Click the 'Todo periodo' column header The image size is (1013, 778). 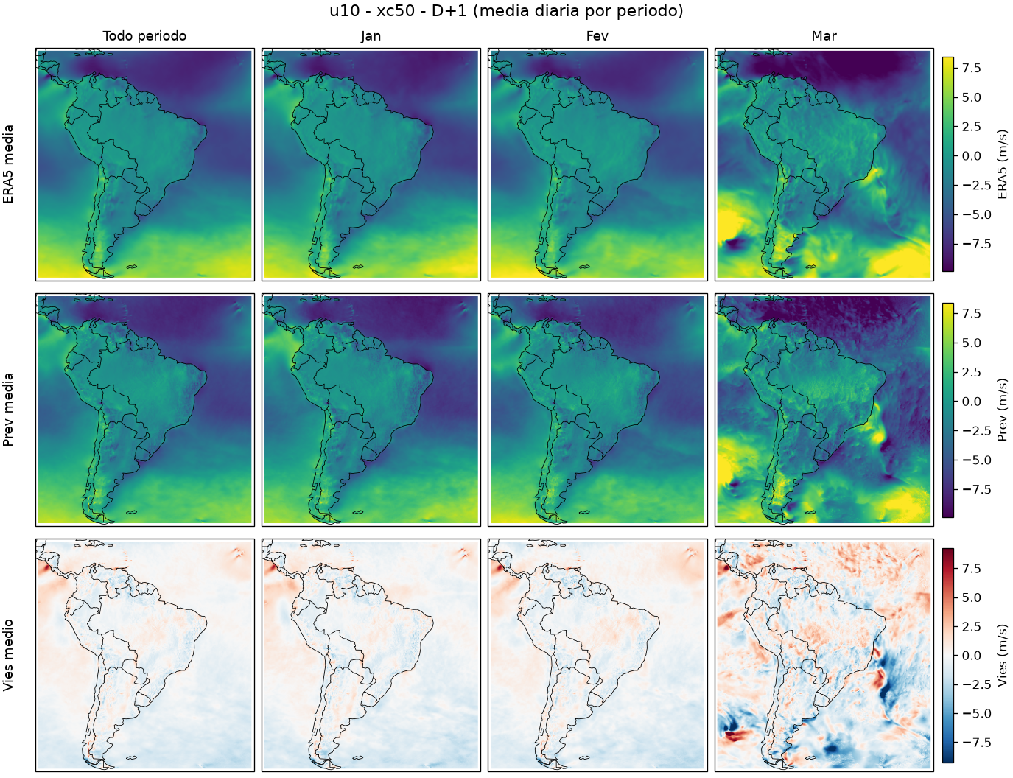click(144, 36)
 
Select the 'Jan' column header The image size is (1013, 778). click(371, 36)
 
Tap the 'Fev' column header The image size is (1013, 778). click(597, 36)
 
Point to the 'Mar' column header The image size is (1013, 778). click(824, 36)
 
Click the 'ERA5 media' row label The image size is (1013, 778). click(8, 164)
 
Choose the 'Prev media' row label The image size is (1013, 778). click(8, 410)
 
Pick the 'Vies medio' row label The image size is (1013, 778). click(8, 656)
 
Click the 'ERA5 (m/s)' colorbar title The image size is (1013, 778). click(1002, 164)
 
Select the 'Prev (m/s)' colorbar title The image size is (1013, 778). click(1002, 410)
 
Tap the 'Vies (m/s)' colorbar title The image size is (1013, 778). click(1002, 656)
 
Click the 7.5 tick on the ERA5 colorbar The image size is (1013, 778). click(972, 68)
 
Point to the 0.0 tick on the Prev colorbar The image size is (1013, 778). click(972, 402)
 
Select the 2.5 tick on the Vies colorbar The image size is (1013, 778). click(972, 626)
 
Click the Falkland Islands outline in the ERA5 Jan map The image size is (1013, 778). click(357, 267)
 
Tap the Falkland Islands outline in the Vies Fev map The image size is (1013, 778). click(584, 758)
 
